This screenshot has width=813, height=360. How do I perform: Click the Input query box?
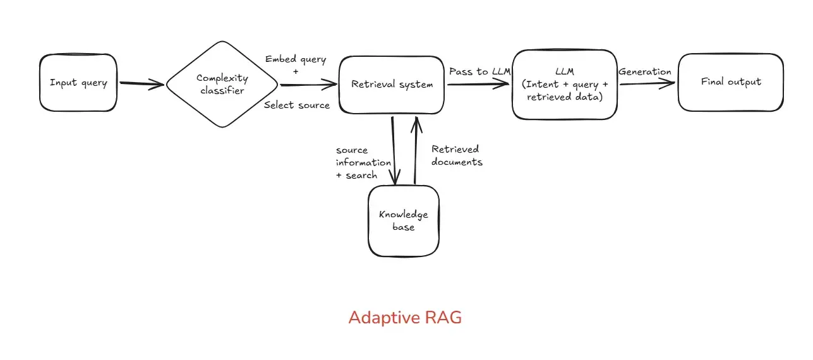tap(78, 83)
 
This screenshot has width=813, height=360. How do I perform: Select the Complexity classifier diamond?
tap(222, 84)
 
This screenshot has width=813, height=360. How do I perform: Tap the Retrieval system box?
tap(392, 85)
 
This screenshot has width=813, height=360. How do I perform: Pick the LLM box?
tap(565, 84)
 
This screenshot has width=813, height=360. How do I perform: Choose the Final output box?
tap(731, 82)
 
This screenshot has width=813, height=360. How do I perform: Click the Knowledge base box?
tap(404, 221)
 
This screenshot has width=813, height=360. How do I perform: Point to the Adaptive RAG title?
tap(405, 318)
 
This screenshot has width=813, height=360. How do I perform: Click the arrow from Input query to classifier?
tap(142, 84)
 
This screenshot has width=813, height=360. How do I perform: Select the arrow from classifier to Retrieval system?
tap(309, 85)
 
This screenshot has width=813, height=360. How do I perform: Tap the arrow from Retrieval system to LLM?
tap(478, 84)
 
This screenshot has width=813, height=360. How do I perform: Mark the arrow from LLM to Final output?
tap(647, 83)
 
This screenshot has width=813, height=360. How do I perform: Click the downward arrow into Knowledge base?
tap(394, 150)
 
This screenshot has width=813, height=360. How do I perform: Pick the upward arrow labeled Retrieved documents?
tap(416, 150)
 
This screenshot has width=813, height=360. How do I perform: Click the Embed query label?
tap(296, 59)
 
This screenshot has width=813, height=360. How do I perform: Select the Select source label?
tap(297, 105)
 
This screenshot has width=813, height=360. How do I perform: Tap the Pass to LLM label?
tap(480, 71)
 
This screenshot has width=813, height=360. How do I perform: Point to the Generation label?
tap(645, 71)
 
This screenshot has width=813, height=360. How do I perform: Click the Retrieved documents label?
tap(457, 155)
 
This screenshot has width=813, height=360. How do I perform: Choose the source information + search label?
tap(363, 162)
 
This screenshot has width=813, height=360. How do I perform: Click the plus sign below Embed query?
tap(296, 72)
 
